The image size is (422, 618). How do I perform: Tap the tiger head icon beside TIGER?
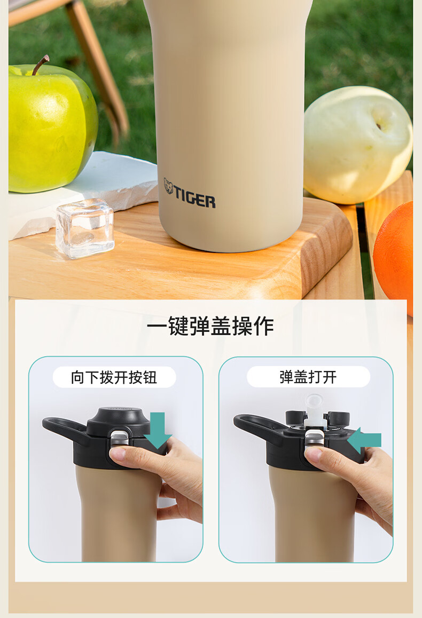[168, 186]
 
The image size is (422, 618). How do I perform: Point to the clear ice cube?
[85, 228]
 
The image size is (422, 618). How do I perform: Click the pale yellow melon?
[357, 145]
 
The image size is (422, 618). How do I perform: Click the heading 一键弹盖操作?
[210, 326]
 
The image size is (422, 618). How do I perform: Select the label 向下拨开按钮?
[114, 377]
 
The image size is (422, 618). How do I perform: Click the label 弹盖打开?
[308, 377]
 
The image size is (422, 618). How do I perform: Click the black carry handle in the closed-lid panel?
[66, 429]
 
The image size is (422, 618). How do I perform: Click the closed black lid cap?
[119, 421]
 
